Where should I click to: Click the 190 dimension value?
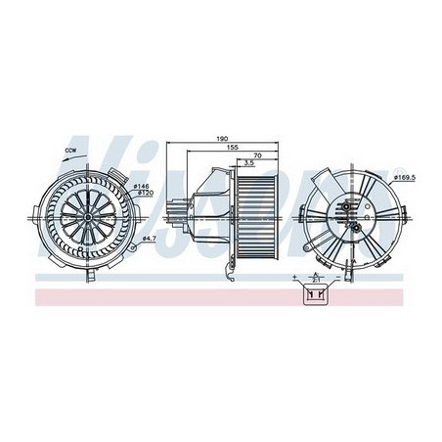(223, 140)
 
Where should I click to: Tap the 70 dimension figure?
(255, 156)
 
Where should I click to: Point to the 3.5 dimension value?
(251, 164)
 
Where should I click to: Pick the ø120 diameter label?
(141, 193)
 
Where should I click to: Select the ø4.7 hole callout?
(149, 238)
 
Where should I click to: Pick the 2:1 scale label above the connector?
(316, 277)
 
